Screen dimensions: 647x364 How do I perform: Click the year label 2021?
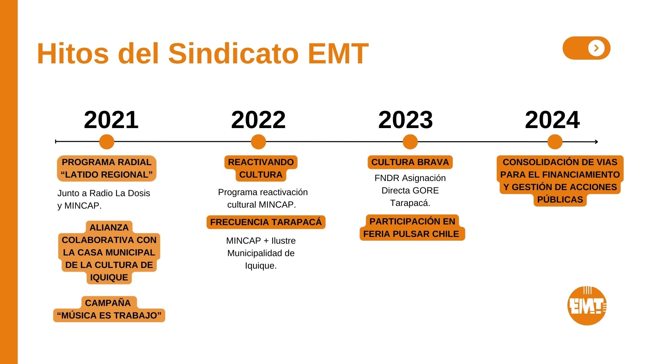click(111, 120)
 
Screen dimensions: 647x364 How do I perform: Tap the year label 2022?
click(258, 120)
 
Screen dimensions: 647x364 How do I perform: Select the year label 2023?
click(405, 120)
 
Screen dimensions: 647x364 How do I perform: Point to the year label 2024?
click(552, 120)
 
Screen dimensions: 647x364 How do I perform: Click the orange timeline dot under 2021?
click(107, 142)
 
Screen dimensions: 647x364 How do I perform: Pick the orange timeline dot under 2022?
click(258, 142)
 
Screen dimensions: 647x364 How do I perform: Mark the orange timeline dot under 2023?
click(410, 142)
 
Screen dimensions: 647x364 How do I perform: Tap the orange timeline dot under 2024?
click(555, 142)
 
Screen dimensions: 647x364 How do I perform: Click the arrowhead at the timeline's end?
click(597, 142)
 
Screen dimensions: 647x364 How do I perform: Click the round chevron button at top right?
click(596, 48)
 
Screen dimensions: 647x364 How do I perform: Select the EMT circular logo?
click(587, 306)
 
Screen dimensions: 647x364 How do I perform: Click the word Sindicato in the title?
click(233, 53)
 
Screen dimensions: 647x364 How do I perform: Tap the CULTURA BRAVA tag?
click(410, 162)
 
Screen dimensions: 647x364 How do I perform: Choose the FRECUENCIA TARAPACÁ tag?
click(266, 222)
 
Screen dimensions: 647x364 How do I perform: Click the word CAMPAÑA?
click(108, 303)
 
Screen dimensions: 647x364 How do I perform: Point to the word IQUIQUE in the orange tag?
click(109, 277)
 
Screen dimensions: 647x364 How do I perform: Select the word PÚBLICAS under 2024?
click(560, 200)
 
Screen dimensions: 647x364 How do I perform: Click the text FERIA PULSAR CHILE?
click(411, 234)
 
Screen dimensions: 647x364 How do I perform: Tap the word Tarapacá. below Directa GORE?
click(410, 203)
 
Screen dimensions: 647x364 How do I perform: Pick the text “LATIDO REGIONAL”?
click(107, 175)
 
